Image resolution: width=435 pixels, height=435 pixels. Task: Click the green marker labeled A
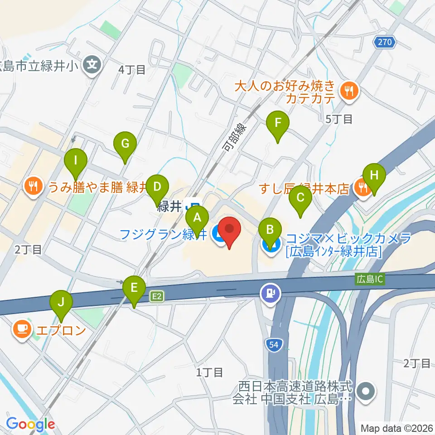click(198, 218)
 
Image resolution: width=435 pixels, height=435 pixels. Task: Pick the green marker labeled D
click(157, 187)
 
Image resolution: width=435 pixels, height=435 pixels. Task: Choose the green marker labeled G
click(125, 145)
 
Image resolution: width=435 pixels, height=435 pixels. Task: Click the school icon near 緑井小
click(93, 65)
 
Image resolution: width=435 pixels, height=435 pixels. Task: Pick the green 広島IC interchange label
click(369, 279)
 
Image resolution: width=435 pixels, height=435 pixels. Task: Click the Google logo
click(31, 424)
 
